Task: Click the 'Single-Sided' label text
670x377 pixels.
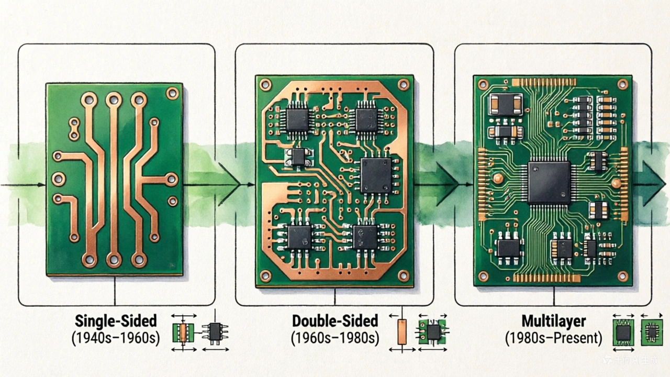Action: tap(116, 320)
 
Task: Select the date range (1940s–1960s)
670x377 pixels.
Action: tap(116, 338)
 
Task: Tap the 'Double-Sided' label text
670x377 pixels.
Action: tap(335, 320)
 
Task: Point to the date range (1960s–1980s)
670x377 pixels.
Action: tap(335, 338)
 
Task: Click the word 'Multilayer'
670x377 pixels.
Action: tap(553, 320)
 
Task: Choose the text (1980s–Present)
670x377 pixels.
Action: tap(553, 338)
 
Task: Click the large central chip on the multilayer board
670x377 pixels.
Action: tap(549, 183)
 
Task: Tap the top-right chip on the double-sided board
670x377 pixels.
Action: tap(366, 119)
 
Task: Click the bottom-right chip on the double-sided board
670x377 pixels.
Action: tap(365, 237)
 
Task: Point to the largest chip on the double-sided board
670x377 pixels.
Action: tap(376, 175)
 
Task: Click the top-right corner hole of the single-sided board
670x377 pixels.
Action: tap(172, 93)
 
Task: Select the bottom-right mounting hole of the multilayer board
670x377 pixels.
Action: tap(622, 275)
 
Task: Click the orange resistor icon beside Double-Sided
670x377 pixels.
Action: tap(401, 332)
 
